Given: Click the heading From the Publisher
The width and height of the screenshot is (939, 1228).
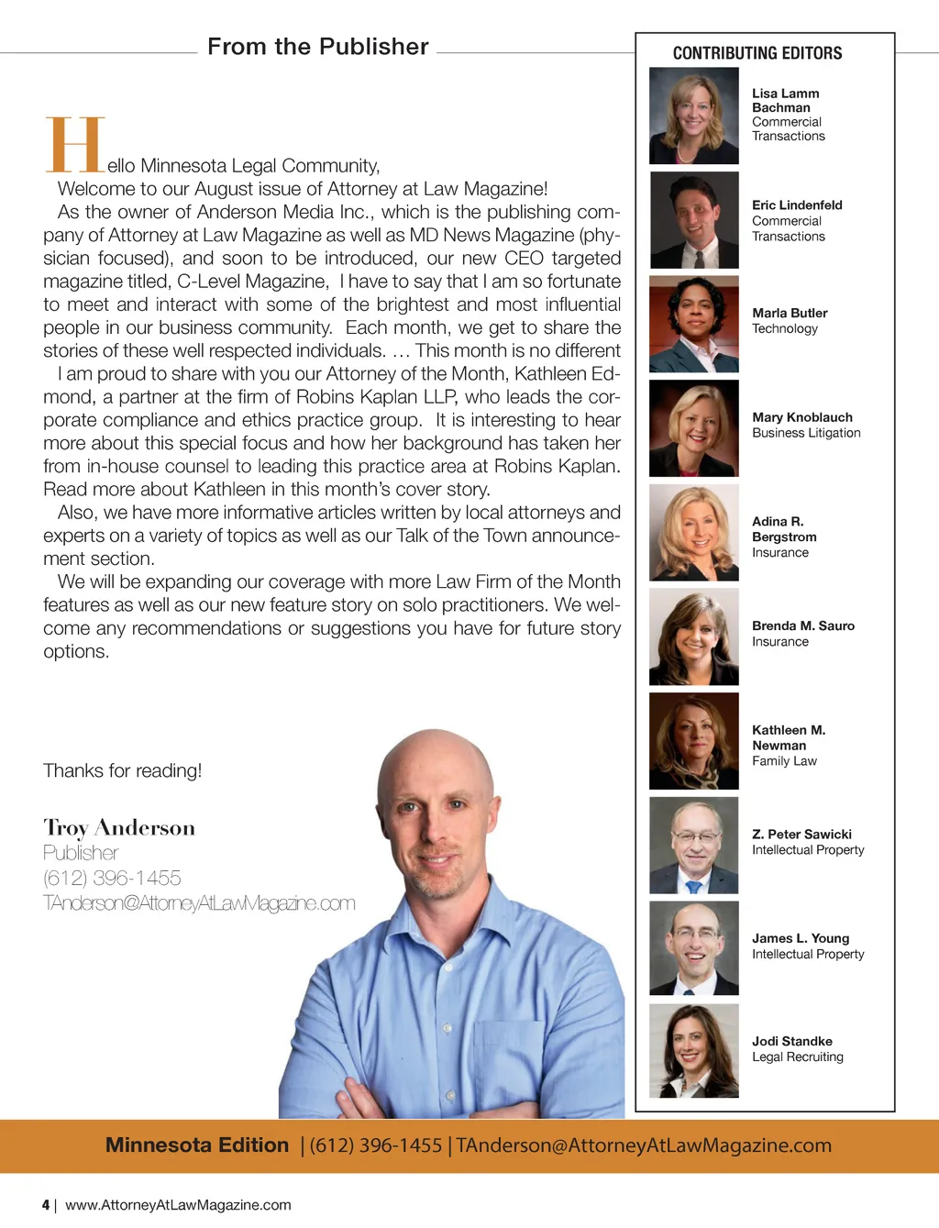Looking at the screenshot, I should pyautogui.click(x=317, y=47).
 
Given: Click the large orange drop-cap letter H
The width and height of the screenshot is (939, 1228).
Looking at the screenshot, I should pyautogui.click(x=75, y=145).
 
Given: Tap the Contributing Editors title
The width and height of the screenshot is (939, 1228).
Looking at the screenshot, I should pyautogui.click(x=757, y=53).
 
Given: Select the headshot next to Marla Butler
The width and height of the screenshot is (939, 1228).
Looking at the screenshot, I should pyautogui.click(x=693, y=325).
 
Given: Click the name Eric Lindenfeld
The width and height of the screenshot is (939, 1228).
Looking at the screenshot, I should pyautogui.click(x=796, y=205).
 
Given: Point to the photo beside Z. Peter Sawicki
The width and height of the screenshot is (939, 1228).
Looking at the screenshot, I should pyautogui.click(x=693, y=845).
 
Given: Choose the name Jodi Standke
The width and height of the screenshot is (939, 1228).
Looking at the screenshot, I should pyautogui.click(x=791, y=1041).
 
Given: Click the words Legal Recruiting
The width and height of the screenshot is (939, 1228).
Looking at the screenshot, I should pyautogui.click(x=797, y=1057).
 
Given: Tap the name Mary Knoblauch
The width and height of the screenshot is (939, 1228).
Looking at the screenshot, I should pyautogui.click(x=801, y=417).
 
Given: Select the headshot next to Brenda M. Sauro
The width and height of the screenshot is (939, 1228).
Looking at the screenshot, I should pyautogui.click(x=693, y=637).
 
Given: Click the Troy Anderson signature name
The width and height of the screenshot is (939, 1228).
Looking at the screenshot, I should pyautogui.click(x=119, y=828).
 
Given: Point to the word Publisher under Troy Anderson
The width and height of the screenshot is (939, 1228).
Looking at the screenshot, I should pyautogui.click(x=81, y=853).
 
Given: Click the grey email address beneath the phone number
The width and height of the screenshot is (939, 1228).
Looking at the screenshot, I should pyautogui.click(x=199, y=903).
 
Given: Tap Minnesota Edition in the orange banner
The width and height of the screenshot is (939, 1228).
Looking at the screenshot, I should pyautogui.click(x=197, y=1145).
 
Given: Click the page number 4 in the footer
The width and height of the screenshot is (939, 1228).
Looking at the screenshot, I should pyautogui.click(x=46, y=1205).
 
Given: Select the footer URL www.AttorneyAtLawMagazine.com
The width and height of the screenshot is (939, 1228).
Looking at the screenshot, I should pyautogui.click(x=178, y=1205).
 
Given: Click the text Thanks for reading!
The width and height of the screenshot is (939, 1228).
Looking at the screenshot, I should pyautogui.click(x=122, y=770).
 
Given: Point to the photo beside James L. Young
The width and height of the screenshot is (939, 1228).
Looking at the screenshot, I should pyautogui.click(x=693, y=948).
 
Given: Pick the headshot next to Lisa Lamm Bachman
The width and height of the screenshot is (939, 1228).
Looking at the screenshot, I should pyautogui.click(x=693, y=116).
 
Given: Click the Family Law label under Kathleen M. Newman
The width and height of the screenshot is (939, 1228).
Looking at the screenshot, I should pyautogui.click(x=784, y=761).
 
